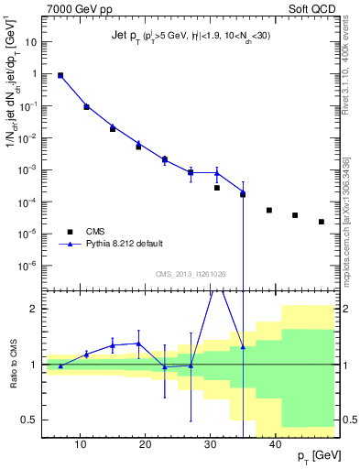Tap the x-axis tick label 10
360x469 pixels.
pos(81,445)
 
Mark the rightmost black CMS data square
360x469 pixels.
pos(322,222)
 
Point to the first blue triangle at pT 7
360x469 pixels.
pos(60,75)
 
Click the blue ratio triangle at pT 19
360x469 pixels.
pos(138,344)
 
